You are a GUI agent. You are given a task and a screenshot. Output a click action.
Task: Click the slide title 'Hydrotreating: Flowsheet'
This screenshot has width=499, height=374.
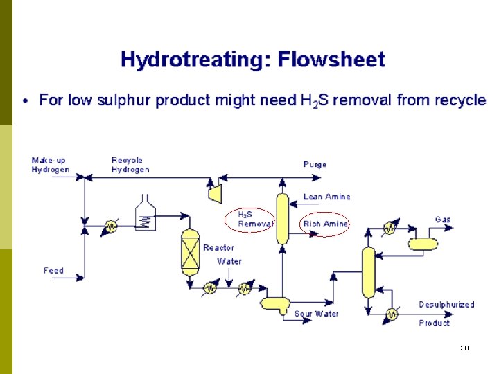point(252,60)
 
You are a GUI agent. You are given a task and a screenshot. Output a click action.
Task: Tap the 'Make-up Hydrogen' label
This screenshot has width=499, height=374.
point(50,166)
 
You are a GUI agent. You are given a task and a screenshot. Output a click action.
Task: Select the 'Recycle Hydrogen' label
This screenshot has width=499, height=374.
point(130,166)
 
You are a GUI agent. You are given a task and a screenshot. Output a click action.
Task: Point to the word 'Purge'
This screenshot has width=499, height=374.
point(315,165)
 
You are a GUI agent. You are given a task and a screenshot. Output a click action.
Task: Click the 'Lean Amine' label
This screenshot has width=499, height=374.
point(326,197)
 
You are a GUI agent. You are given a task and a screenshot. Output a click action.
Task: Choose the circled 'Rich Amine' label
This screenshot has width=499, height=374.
point(325,224)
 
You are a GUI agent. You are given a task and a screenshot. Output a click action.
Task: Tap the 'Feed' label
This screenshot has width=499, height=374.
point(53,271)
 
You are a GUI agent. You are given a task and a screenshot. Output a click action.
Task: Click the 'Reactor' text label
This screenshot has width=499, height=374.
point(218,247)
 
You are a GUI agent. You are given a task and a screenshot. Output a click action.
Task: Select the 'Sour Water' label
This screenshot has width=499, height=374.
point(316,314)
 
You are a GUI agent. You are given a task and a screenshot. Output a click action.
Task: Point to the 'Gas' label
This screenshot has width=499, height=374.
point(442,220)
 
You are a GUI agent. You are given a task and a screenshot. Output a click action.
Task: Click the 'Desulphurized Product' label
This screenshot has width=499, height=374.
point(446,314)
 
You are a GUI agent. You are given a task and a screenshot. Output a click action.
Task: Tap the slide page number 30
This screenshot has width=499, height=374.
point(464,348)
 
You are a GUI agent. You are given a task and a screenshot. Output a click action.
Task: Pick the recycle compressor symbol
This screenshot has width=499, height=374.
point(215,193)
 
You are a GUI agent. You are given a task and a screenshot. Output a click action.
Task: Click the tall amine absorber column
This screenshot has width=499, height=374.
point(282,218)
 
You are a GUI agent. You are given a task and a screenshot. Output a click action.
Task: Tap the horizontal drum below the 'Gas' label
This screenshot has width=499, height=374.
point(423,243)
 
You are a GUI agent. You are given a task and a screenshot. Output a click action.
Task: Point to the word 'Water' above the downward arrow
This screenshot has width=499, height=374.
point(229,262)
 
